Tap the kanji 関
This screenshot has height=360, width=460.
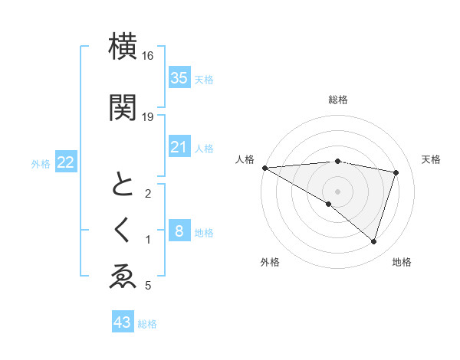tap(123, 107)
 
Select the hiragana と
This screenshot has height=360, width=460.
tap(123, 185)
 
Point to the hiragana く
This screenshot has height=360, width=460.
tap(123, 231)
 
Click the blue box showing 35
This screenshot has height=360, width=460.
tap(179, 77)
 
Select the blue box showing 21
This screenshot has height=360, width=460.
tap(179, 147)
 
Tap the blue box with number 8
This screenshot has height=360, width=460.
tap(179, 231)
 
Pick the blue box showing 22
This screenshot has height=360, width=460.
tap(65, 162)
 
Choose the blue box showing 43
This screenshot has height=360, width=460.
tap(122, 322)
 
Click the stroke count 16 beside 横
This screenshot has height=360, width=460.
tap(148, 56)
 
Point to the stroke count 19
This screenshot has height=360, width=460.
tap(148, 117)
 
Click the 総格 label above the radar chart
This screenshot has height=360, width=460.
tap(337, 100)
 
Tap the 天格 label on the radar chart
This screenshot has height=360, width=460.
tap(431, 159)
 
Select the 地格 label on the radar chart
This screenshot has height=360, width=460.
tap(402, 262)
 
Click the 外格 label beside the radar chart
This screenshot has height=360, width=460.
tap(270, 262)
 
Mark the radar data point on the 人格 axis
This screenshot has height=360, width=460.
tap(264, 167)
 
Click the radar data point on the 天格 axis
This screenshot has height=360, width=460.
tap(396, 172)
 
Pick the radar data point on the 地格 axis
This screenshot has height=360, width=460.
tap(373, 241)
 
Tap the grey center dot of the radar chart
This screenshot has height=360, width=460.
tap(337, 191)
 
